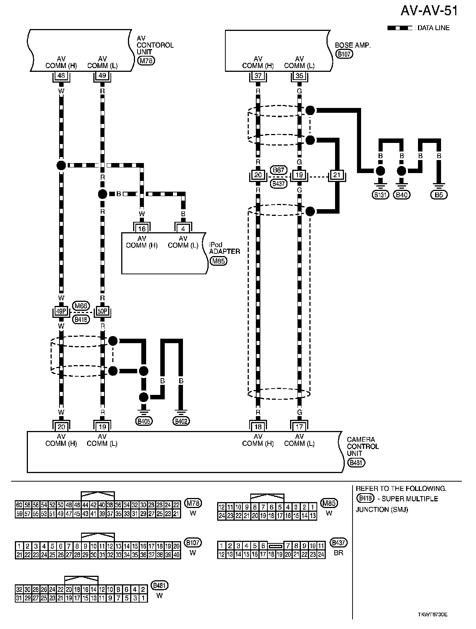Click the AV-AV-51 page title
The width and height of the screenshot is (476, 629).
click(x=429, y=11)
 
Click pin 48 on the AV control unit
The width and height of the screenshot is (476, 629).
click(x=61, y=76)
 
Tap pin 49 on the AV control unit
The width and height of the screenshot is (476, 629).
click(x=102, y=76)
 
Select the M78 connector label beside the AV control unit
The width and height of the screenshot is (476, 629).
click(x=146, y=61)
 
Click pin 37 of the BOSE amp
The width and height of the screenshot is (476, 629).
click(x=258, y=76)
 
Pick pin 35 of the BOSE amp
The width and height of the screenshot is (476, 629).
click(x=299, y=76)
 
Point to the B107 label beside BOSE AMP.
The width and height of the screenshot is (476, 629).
click(x=344, y=54)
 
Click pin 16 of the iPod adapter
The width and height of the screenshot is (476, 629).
click(x=142, y=229)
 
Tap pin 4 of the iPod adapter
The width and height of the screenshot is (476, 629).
click(x=183, y=229)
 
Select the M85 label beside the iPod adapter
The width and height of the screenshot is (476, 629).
click(x=218, y=261)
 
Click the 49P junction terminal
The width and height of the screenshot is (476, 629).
click(x=61, y=312)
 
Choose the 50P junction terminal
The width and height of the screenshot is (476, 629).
click(x=102, y=312)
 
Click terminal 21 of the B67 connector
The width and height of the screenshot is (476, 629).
click(x=337, y=175)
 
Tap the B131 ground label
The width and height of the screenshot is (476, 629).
click(x=380, y=194)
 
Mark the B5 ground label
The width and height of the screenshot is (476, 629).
click(x=439, y=194)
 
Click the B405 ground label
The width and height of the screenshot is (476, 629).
click(x=144, y=421)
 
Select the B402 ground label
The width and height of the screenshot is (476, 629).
click(x=181, y=421)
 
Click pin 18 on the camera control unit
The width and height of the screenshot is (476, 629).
click(x=258, y=427)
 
